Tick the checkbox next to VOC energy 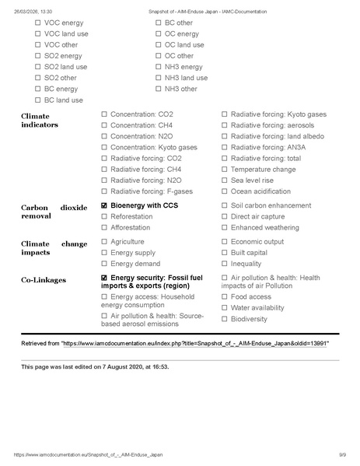(x=38, y=23)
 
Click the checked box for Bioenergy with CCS (x=104, y=205)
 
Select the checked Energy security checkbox (x=104, y=278)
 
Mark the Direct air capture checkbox (x=225, y=216)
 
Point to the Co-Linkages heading (x=44, y=279)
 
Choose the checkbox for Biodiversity (x=225, y=319)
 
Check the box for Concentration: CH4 (x=104, y=125)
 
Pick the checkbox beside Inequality (x=225, y=264)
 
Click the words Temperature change (x=263, y=169)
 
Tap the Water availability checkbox (x=225, y=307)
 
